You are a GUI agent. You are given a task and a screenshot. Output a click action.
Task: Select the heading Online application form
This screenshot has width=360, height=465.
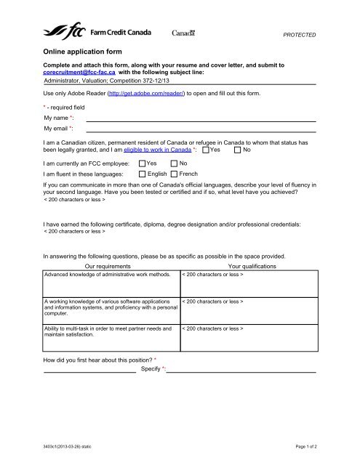[x=82, y=52]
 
